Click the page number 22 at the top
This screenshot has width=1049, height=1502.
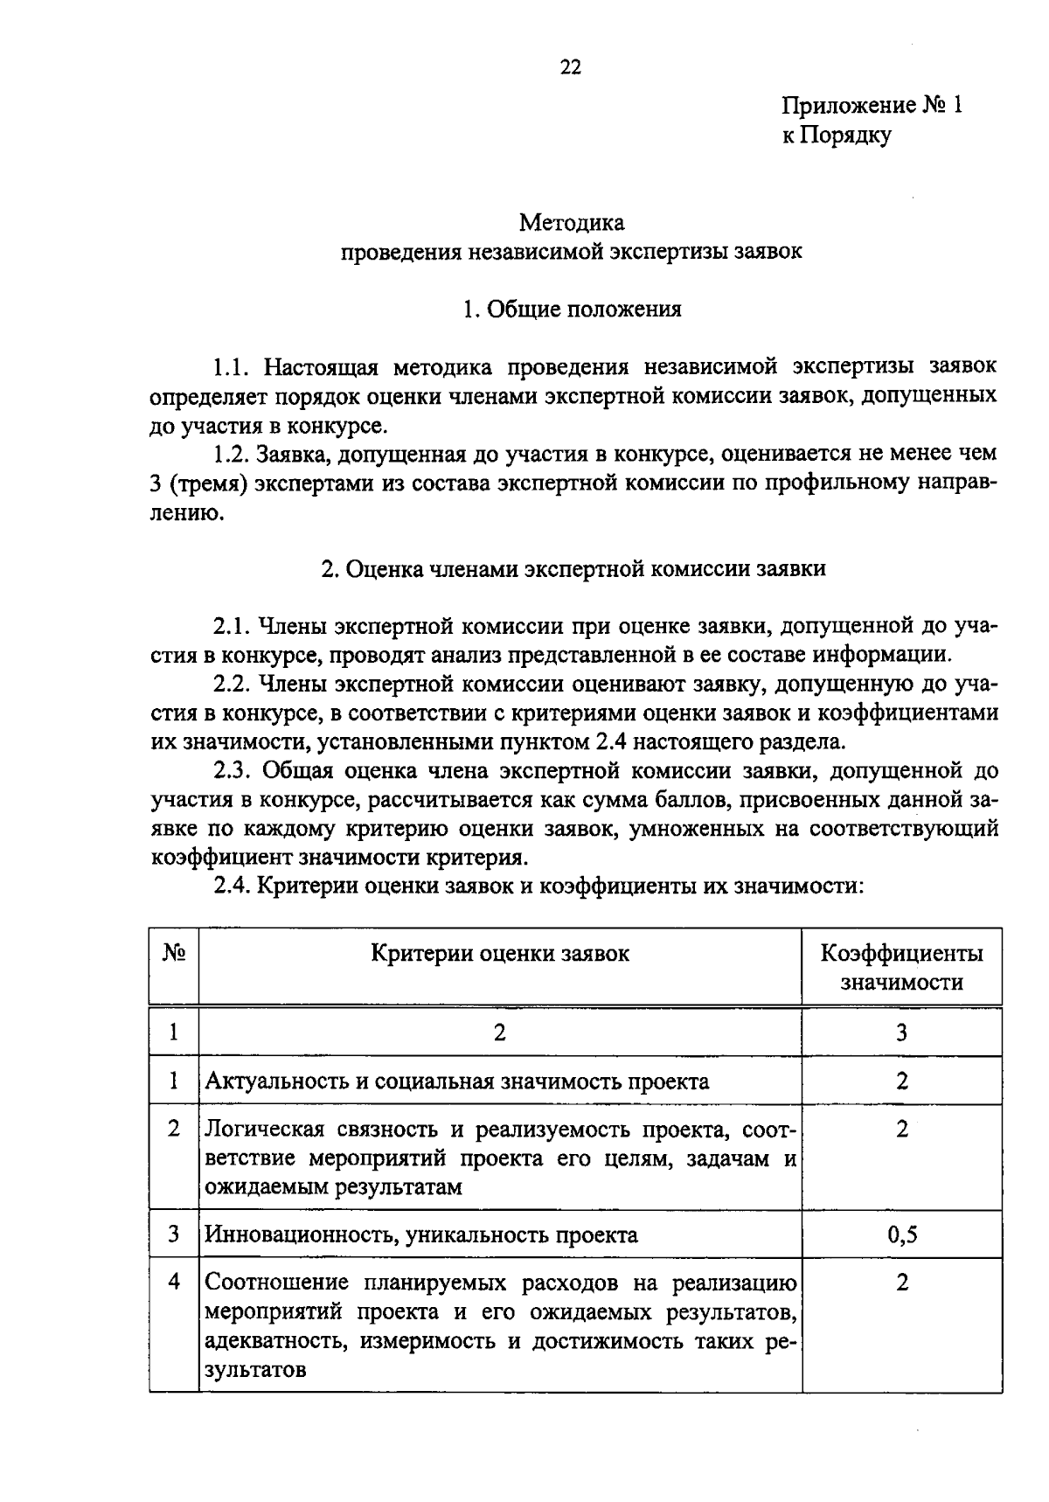point(570,67)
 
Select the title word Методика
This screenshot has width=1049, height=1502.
point(572,223)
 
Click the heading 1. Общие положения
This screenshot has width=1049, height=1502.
point(572,309)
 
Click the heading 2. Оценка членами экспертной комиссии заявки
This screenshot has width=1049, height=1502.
point(573,568)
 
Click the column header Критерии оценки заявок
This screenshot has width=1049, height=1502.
point(500,953)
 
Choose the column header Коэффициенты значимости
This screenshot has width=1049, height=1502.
point(901,967)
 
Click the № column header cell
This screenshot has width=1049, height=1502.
point(174,953)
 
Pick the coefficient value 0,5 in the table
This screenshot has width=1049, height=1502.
point(901,1234)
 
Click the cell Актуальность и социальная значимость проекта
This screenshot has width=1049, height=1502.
point(456,1081)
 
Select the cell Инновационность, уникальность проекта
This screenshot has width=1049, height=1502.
point(420,1234)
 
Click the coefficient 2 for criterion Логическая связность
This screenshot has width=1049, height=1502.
point(901,1129)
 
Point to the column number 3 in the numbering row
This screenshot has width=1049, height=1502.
point(901,1033)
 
